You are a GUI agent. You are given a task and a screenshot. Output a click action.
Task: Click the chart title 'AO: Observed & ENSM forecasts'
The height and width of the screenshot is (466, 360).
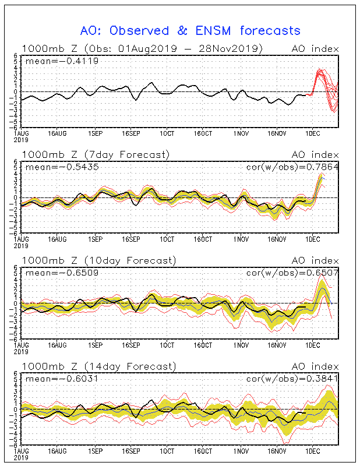(x=190, y=30)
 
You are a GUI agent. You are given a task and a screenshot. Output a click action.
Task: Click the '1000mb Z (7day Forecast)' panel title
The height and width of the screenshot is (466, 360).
(x=96, y=154)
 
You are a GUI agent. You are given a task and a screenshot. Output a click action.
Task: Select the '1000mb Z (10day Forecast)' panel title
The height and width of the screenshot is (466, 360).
(x=98, y=260)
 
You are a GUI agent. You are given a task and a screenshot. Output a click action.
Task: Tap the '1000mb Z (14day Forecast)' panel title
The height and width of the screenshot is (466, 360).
(x=98, y=366)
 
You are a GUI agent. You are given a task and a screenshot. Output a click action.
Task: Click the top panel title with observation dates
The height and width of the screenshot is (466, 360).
(x=142, y=48)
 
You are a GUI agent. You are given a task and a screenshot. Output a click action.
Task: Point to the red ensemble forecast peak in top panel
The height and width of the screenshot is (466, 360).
(x=319, y=70)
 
